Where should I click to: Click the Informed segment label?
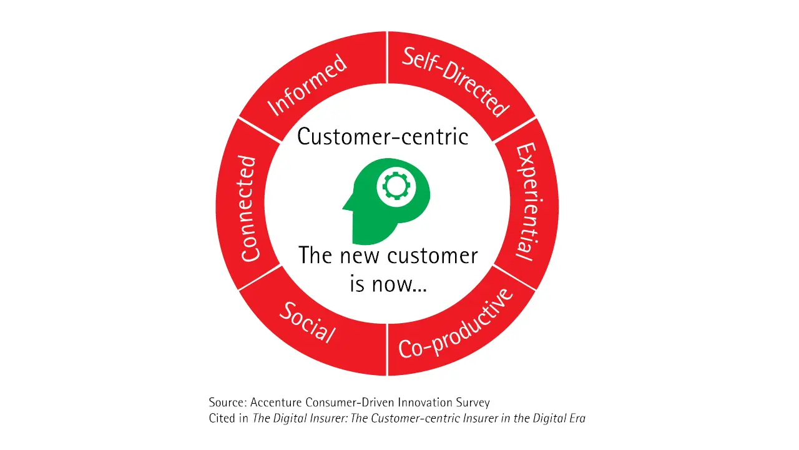tap(307, 86)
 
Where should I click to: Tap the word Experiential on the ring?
tap(525, 201)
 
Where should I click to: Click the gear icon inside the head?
tap(394, 186)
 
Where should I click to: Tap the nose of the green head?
tap(345, 204)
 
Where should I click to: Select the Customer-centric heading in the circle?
tap(383, 136)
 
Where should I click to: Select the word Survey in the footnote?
tap(473, 403)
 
